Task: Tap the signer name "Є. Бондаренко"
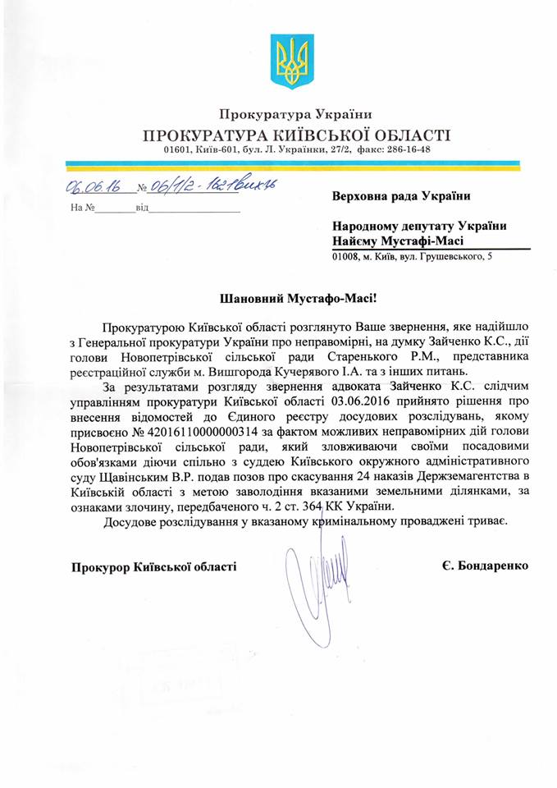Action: coord(482,566)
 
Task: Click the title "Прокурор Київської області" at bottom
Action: coord(154,566)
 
